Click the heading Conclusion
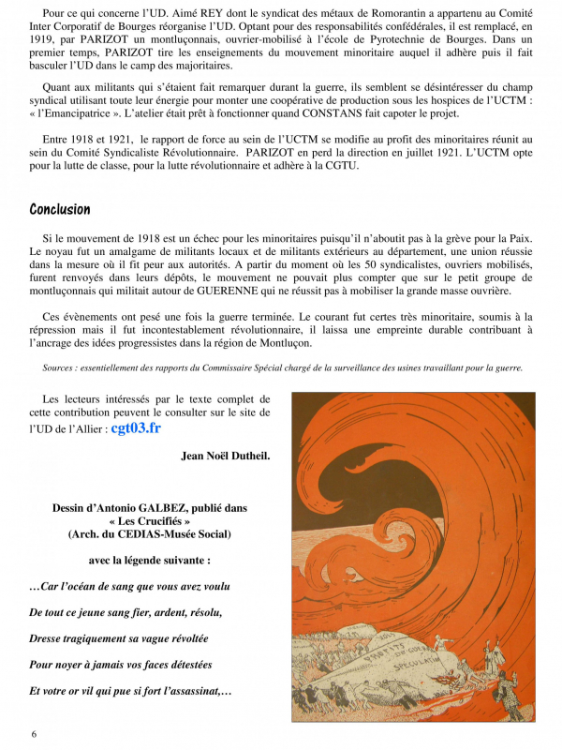click(60, 209)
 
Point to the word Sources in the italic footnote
click(61, 367)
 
